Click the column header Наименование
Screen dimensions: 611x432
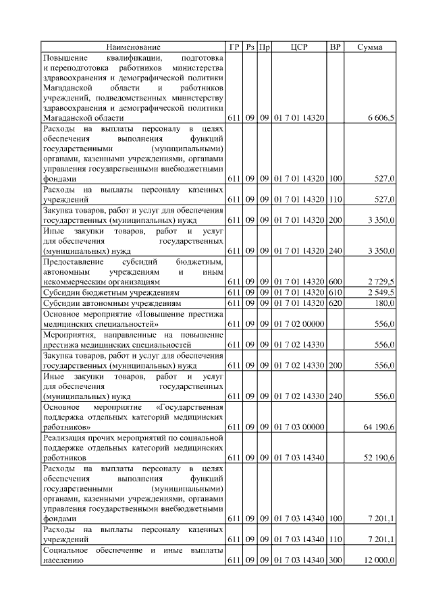134,47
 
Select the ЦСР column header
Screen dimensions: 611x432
299,47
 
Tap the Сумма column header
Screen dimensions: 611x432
370,47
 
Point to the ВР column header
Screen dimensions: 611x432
335,47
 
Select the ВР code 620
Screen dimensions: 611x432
335,303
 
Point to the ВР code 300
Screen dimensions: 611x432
335,561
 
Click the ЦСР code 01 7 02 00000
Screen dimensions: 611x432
299,324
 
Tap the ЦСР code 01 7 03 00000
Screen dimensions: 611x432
299,427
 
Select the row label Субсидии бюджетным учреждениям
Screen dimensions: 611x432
111,292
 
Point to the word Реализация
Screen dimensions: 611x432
66,437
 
